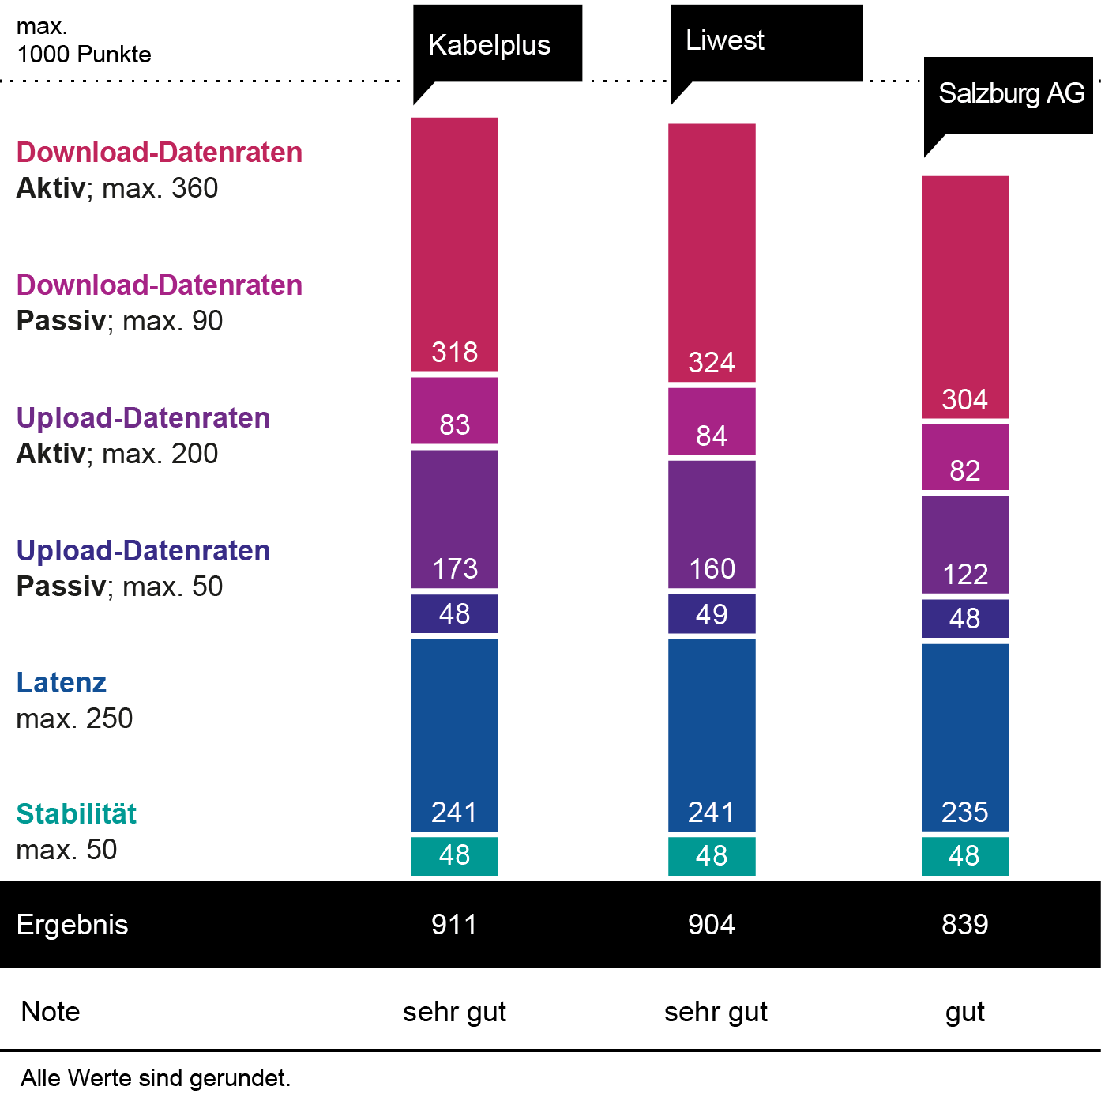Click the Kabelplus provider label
tap(489, 45)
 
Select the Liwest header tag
tap(724, 40)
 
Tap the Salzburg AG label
tap(1011, 93)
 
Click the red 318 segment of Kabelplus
tap(454, 244)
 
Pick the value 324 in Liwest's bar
tap(712, 362)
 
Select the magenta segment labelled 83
tap(454, 411)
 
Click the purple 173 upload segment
tap(454, 519)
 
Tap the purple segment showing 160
tap(712, 525)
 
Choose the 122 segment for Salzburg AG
tap(964, 545)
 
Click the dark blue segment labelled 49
tap(712, 614)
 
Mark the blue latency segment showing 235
tap(964, 738)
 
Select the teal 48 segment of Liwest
tap(712, 856)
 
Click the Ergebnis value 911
tap(454, 924)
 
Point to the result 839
tap(964, 924)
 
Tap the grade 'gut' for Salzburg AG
tap(964, 1012)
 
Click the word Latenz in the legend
tap(62, 683)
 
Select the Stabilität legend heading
tap(77, 814)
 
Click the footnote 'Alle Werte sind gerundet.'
tap(156, 1078)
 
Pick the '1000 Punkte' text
tap(84, 55)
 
